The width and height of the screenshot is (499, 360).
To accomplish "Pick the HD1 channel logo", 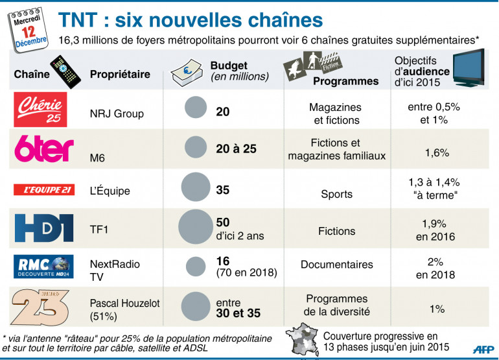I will tap(44, 228).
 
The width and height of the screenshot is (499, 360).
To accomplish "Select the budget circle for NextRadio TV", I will tap(196, 267).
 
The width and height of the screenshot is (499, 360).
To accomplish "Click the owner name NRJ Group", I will tap(117, 114).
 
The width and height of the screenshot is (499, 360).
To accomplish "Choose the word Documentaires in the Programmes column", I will tap(336, 265).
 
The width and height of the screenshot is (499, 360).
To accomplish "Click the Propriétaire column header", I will tap(120, 74).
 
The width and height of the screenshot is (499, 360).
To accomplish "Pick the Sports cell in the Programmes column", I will tap(336, 194).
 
